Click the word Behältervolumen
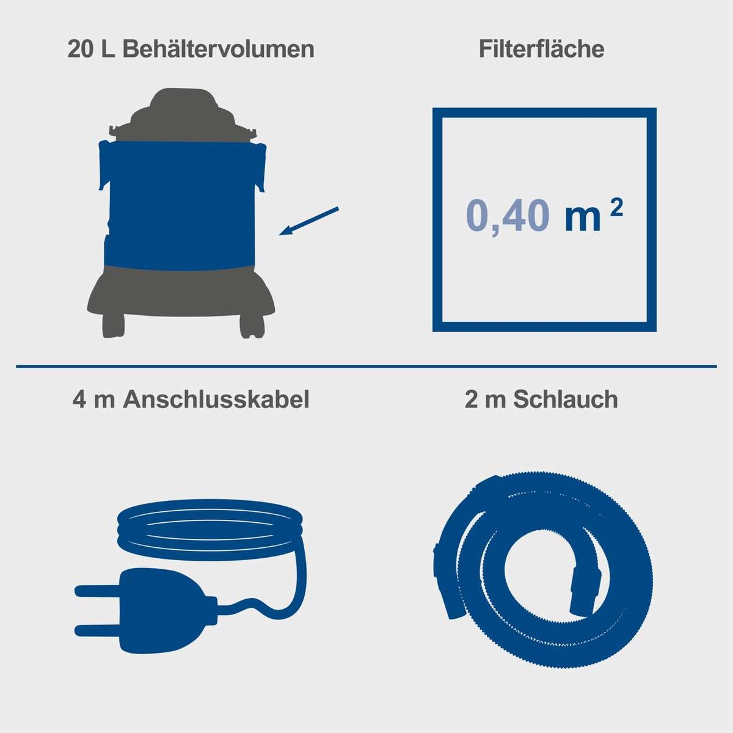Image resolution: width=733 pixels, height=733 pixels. coord(218,49)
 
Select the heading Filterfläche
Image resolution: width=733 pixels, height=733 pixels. coord(541,49)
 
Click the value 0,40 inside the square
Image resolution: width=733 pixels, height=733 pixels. coord(506,216)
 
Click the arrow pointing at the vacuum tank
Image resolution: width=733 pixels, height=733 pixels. coord(309,221)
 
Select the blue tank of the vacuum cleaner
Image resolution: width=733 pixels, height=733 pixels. coord(180,202)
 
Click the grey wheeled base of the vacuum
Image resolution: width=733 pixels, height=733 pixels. coord(180,293)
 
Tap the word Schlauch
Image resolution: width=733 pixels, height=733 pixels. coord(566,399)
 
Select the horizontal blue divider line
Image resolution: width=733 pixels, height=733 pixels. coord(366,366)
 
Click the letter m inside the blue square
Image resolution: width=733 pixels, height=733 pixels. coord(583,217)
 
